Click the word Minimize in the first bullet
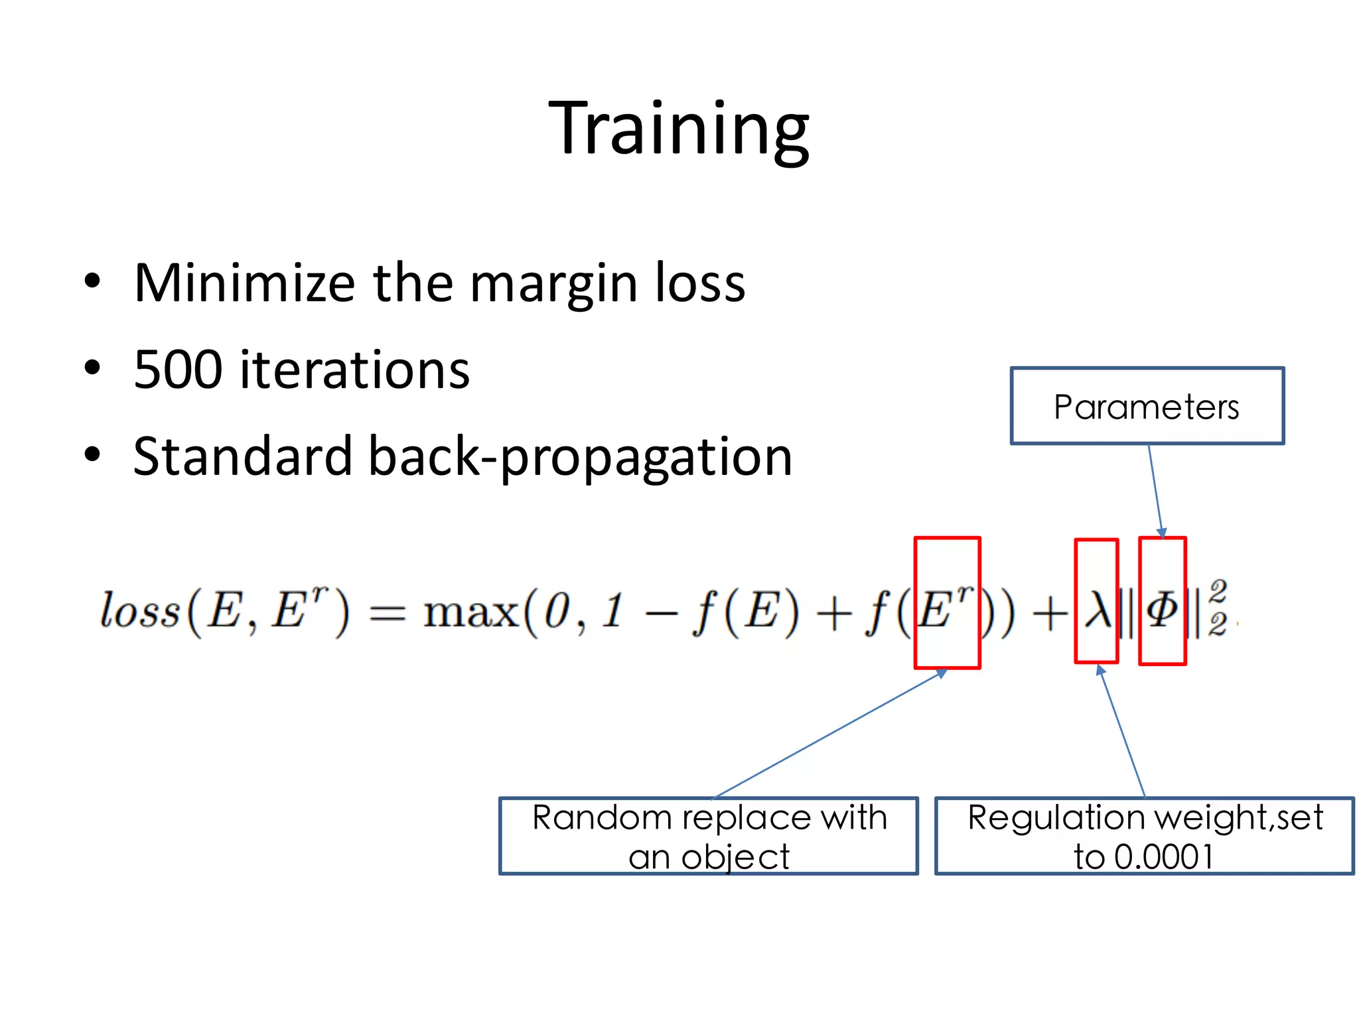[x=244, y=283]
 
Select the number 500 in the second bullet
[x=177, y=370]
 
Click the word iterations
[x=354, y=370]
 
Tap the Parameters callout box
[x=1146, y=406]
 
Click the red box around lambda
[x=1096, y=601]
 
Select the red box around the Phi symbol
[x=1162, y=601]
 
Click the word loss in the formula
[x=140, y=610]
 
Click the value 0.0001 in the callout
[x=1164, y=856]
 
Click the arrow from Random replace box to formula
[x=829, y=734]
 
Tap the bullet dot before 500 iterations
[x=92, y=368]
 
